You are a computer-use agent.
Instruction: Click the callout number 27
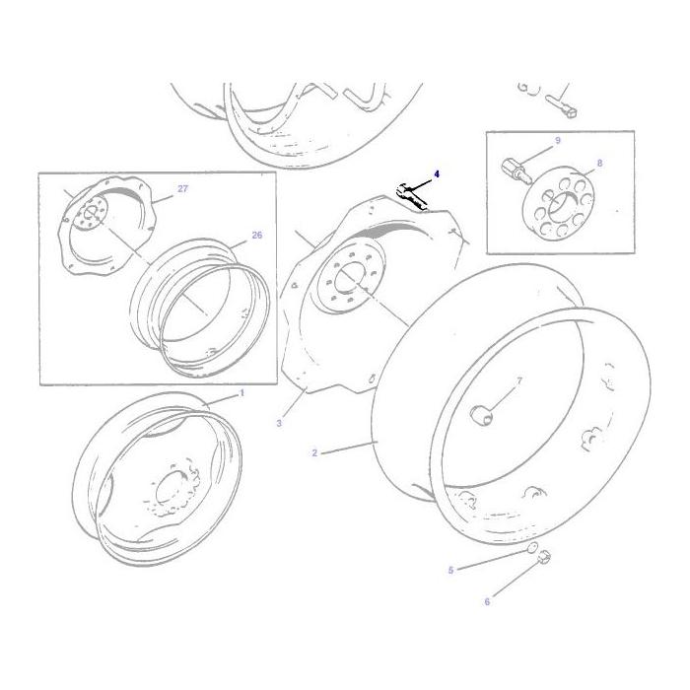[x=182, y=188]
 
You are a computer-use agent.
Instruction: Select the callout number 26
[x=256, y=236]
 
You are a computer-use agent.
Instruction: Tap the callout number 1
[x=242, y=392]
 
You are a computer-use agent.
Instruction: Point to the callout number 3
[x=279, y=423]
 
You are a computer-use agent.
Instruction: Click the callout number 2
[x=314, y=453]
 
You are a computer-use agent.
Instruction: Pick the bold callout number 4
[x=436, y=174]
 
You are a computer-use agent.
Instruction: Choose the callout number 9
[x=557, y=141]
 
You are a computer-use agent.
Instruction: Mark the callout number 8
[x=599, y=163]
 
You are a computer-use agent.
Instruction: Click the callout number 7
[x=519, y=379]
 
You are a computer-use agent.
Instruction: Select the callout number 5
[x=450, y=570]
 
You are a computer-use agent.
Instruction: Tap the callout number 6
[x=486, y=602]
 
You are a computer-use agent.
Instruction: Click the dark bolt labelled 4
[x=411, y=195]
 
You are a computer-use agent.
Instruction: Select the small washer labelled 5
[x=530, y=549]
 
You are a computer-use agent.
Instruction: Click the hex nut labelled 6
[x=543, y=559]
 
